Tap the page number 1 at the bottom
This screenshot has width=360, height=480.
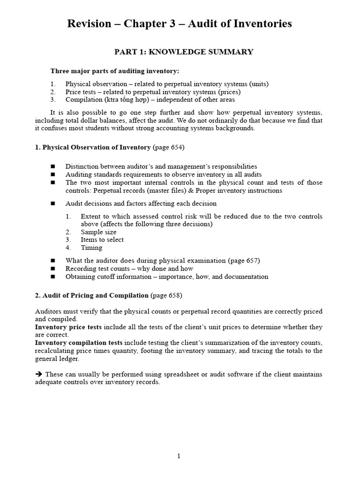click(x=179, y=457)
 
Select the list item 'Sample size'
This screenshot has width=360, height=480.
click(x=98, y=232)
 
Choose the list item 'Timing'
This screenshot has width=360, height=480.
click(x=91, y=247)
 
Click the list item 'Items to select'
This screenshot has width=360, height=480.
click(x=102, y=240)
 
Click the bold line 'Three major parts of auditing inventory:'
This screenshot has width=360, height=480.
click(x=115, y=71)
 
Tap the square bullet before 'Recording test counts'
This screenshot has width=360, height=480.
click(x=53, y=269)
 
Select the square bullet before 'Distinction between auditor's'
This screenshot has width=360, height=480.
click(x=53, y=166)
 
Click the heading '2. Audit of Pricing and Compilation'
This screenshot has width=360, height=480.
click(x=91, y=295)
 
